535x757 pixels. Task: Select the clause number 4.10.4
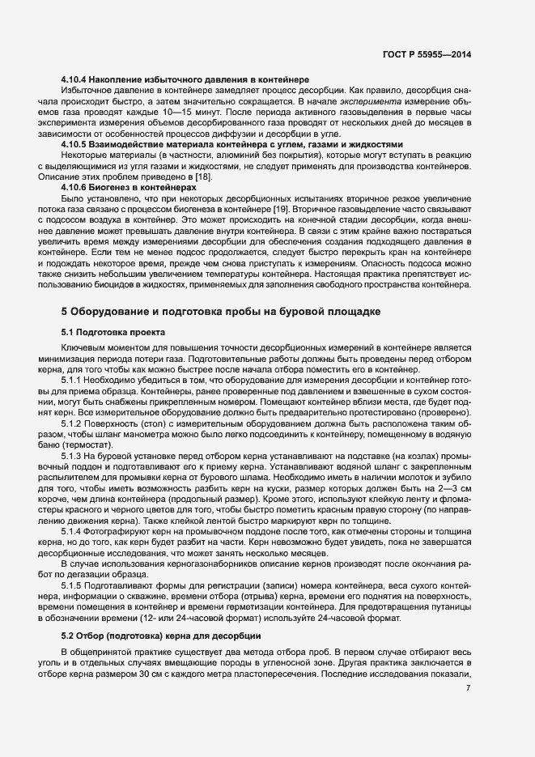77,79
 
